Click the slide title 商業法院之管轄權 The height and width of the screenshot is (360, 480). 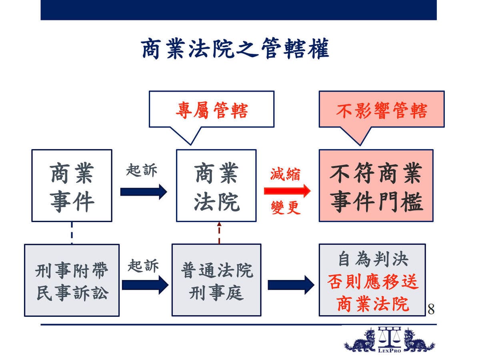(235, 48)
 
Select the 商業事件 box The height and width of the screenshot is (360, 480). (72, 186)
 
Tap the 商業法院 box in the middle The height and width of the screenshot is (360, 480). (216, 186)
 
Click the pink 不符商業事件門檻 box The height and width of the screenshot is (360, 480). (376, 186)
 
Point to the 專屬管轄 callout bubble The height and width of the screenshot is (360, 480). (212, 109)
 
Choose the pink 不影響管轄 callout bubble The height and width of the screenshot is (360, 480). (382, 109)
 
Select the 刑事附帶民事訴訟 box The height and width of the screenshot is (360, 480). (72, 280)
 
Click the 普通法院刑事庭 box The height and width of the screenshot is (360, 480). (216, 280)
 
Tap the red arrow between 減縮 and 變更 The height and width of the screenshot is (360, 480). (287, 191)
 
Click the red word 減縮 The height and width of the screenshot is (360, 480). (285, 174)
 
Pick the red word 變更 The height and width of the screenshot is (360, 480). (286, 208)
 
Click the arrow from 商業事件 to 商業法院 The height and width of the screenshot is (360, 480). (144, 192)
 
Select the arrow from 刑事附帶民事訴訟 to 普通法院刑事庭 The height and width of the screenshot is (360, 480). (145, 285)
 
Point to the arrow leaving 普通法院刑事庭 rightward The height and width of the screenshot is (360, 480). (291, 285)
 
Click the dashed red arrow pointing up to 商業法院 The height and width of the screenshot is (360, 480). (219, 233)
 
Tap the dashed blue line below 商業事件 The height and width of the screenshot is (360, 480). (72, 233)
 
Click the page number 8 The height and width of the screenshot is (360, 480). (431, 309)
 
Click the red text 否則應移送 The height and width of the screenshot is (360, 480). (373, 282)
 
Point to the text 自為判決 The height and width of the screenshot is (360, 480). (373, 259)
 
